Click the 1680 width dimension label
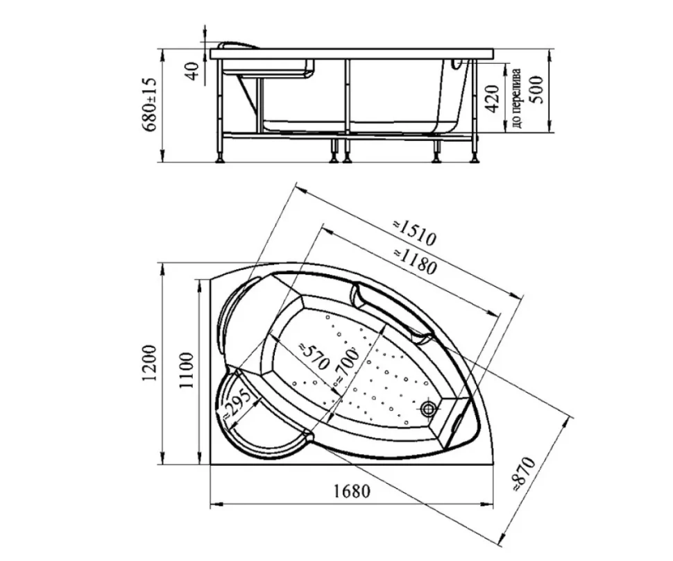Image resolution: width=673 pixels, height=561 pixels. [x=352, y=491]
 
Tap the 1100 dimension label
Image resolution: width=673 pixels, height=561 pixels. [x=187, y=371]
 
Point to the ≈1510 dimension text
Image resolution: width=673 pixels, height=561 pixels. [x=414, y=233]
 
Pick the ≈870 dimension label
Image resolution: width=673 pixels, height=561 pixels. [x=524, y=474]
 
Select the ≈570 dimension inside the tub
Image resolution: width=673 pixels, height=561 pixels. [x=314, y=356]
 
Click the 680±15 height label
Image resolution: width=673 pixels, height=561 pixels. [x=151, y=106]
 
